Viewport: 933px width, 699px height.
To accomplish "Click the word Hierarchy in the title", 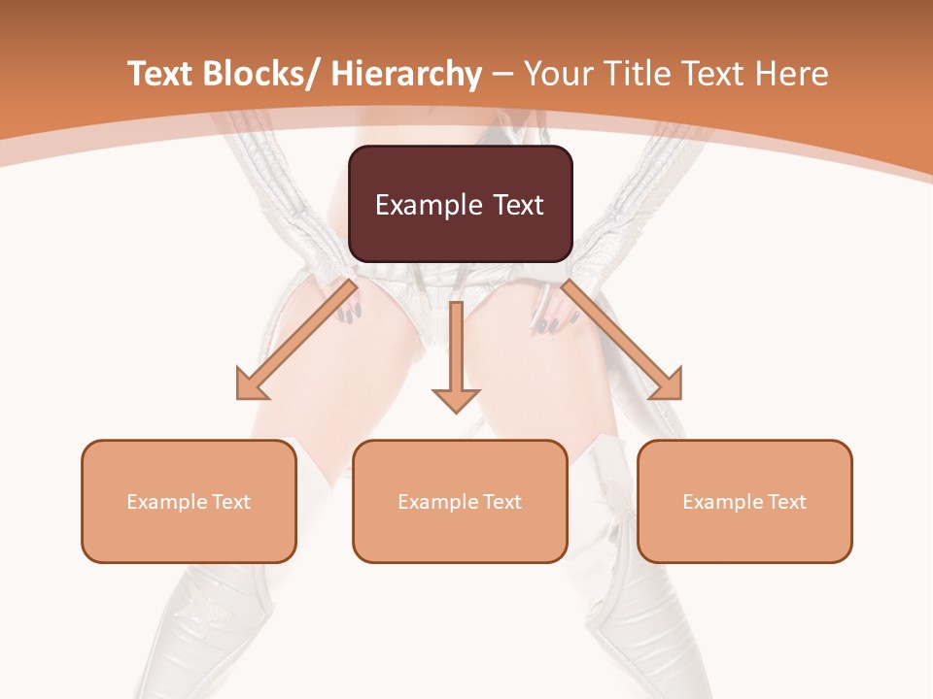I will coord(406,74).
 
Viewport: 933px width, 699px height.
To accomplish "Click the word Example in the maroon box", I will coord(427,206).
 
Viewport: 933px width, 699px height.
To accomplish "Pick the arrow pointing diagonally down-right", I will coord(622,340).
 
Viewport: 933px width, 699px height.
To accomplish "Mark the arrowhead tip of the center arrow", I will coord(456,412).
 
